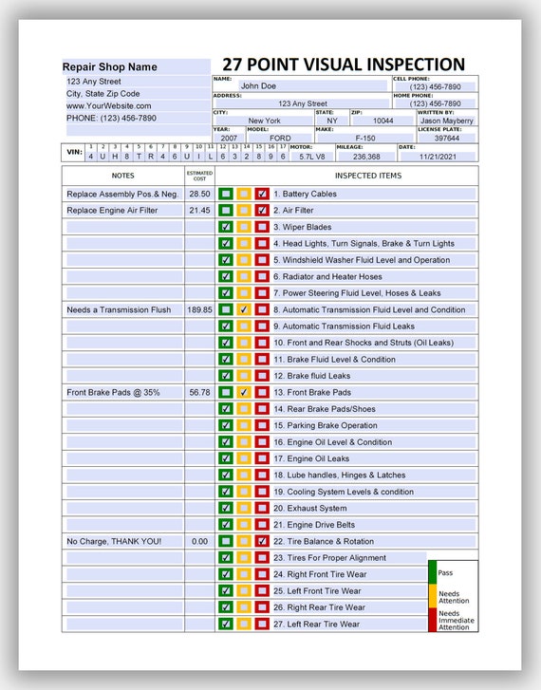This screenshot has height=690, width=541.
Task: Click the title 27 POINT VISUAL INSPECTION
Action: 344,65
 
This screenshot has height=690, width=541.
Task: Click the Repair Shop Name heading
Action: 110,67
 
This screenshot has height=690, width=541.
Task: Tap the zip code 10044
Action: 382,121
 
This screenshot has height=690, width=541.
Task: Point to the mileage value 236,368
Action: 365,157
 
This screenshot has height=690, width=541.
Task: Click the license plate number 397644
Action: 447,139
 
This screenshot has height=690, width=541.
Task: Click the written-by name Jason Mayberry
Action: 447,121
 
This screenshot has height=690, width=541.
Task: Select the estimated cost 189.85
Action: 199,309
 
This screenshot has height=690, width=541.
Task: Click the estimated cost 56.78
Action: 199,392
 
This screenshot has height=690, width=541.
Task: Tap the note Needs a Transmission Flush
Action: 119,309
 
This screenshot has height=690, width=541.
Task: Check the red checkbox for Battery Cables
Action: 262,194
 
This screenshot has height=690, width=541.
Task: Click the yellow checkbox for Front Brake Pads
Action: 244,392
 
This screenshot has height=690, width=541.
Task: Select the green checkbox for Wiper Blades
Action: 226,227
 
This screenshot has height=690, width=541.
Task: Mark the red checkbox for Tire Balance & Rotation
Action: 262,541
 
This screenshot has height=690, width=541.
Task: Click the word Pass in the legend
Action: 445,573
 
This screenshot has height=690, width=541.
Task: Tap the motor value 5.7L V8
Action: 311,157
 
